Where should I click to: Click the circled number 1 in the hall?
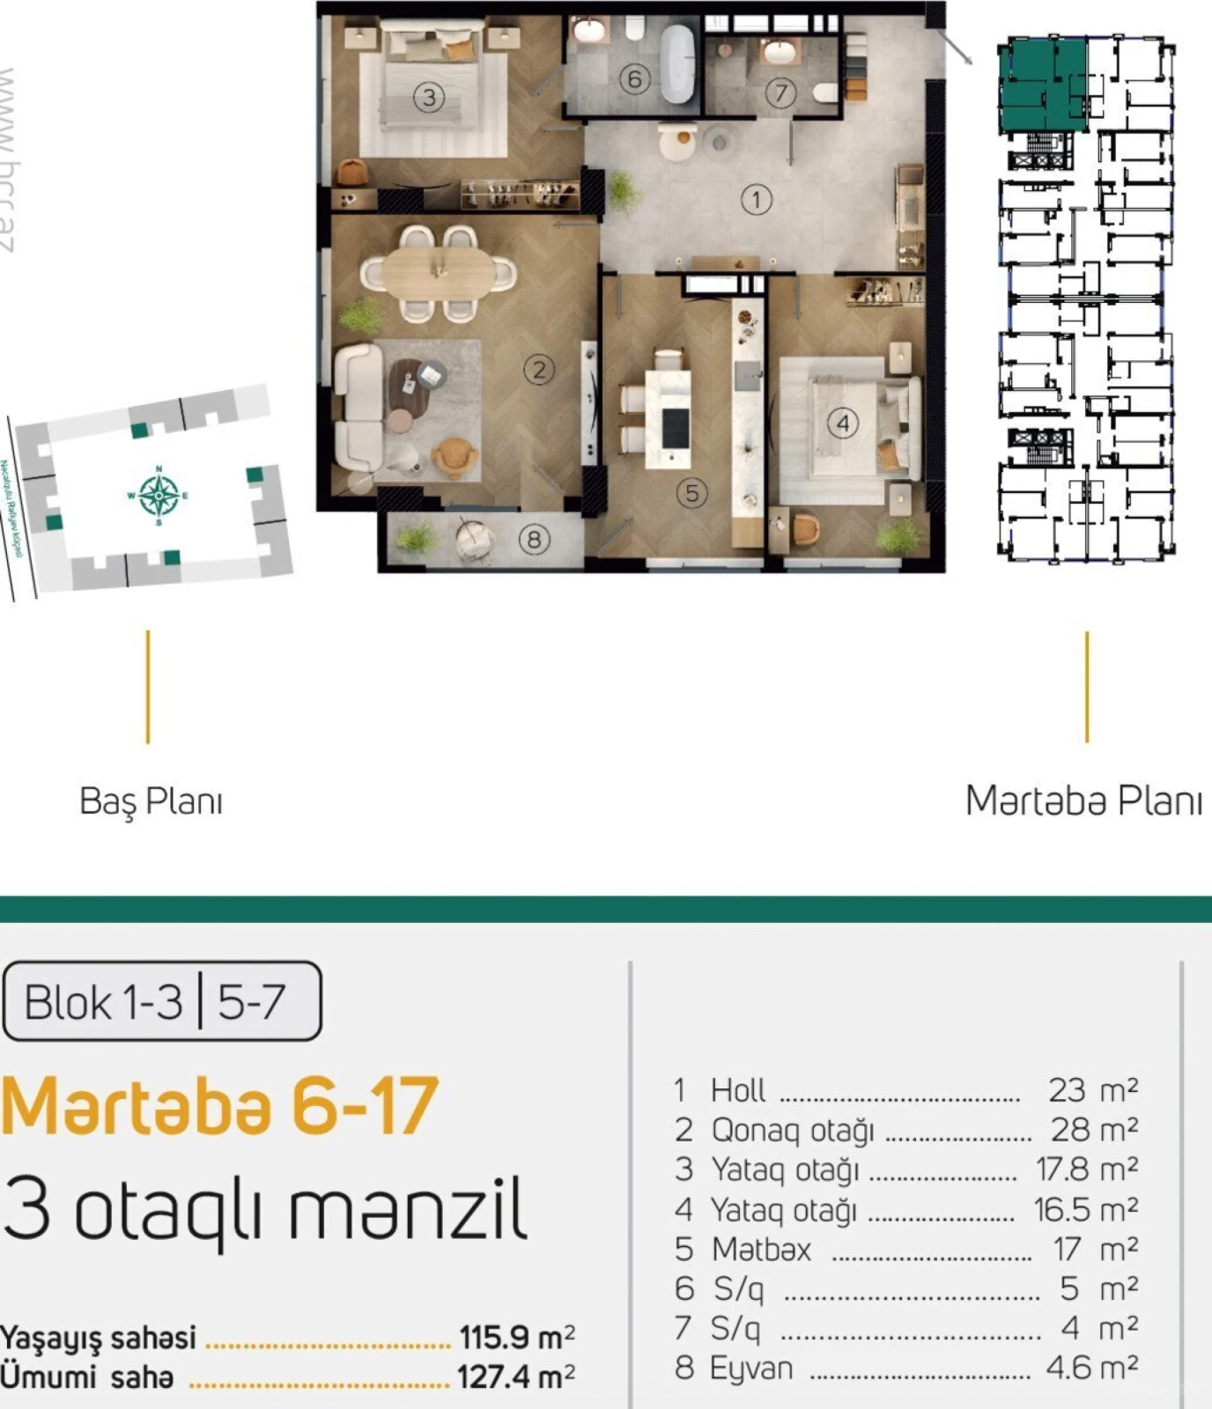tap(756, 200)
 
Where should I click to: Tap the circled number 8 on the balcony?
tap(534, 539)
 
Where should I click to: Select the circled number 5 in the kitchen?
tap(691, 493)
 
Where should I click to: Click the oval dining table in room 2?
tap(439, 270)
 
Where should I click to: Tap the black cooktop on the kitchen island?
tap(675, 429)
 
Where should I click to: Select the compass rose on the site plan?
tap(159, 495)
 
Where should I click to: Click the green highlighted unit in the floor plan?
tap(1039, 86)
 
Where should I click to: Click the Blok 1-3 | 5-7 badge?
tap(161, 1001)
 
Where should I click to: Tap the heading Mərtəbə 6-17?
tap(219, 1106)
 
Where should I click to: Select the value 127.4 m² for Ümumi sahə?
tap(515, 1376)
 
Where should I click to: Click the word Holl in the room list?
tap(738, 1090)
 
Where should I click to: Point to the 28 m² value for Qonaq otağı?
tap(1093, 1129)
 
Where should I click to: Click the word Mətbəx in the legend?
tap(761, 1249)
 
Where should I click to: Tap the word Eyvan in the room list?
tap(751, 1368)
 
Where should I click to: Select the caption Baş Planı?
tap(151, 801)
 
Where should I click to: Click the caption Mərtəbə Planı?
tap(1083, 801)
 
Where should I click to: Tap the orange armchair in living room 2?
tap(454, 457)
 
